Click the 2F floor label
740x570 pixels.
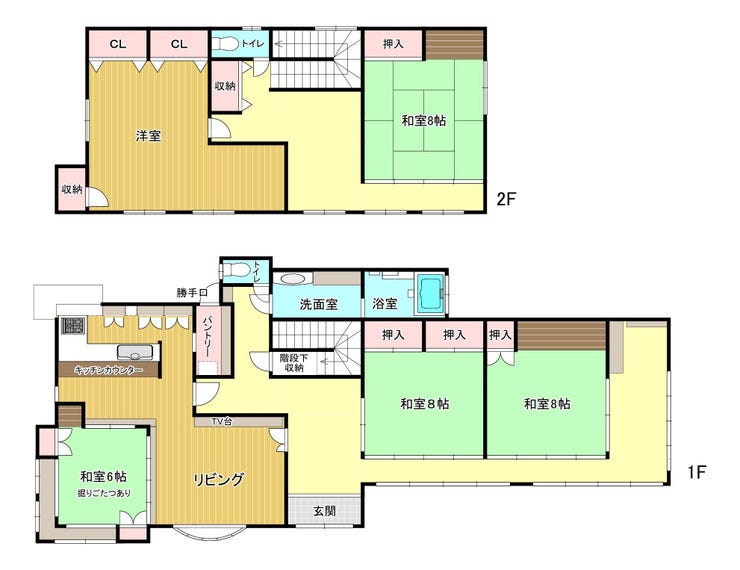coord(506,199)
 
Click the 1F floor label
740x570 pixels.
coord(696,472)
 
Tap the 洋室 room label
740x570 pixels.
coord(148,136)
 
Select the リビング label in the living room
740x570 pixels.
coord(219,479)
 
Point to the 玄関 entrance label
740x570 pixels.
coord(325,510)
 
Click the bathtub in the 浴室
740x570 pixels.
coord(429,293)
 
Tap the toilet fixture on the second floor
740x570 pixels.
coord(225,44)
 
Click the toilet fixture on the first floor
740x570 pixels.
coord(235,270)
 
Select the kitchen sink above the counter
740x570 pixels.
coord(135,352)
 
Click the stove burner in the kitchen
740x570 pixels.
coord(73,325)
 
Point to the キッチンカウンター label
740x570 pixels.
coord(108,370)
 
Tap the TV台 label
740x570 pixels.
coord(221,421)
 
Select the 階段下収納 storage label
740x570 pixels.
coord(294,362)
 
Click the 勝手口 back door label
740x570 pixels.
coord(192,293)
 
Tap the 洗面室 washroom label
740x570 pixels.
coord(319,304)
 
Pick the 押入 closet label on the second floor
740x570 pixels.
coord(393,44)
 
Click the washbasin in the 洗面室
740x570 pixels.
coord(293,279)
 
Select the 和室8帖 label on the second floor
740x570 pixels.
coord(423,121)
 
